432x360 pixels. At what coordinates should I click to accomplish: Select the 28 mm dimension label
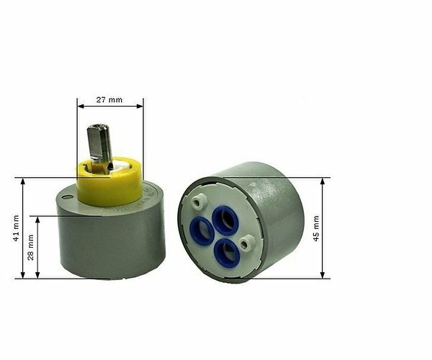[x=30, y=246]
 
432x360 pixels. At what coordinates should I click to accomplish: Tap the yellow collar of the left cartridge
[x=109, y=186]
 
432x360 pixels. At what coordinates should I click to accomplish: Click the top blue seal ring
[x=225, y=220]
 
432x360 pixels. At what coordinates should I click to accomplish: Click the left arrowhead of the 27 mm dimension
[x=79, y=107]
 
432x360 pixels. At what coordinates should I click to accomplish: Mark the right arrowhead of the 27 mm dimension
[x=140, y=107]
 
